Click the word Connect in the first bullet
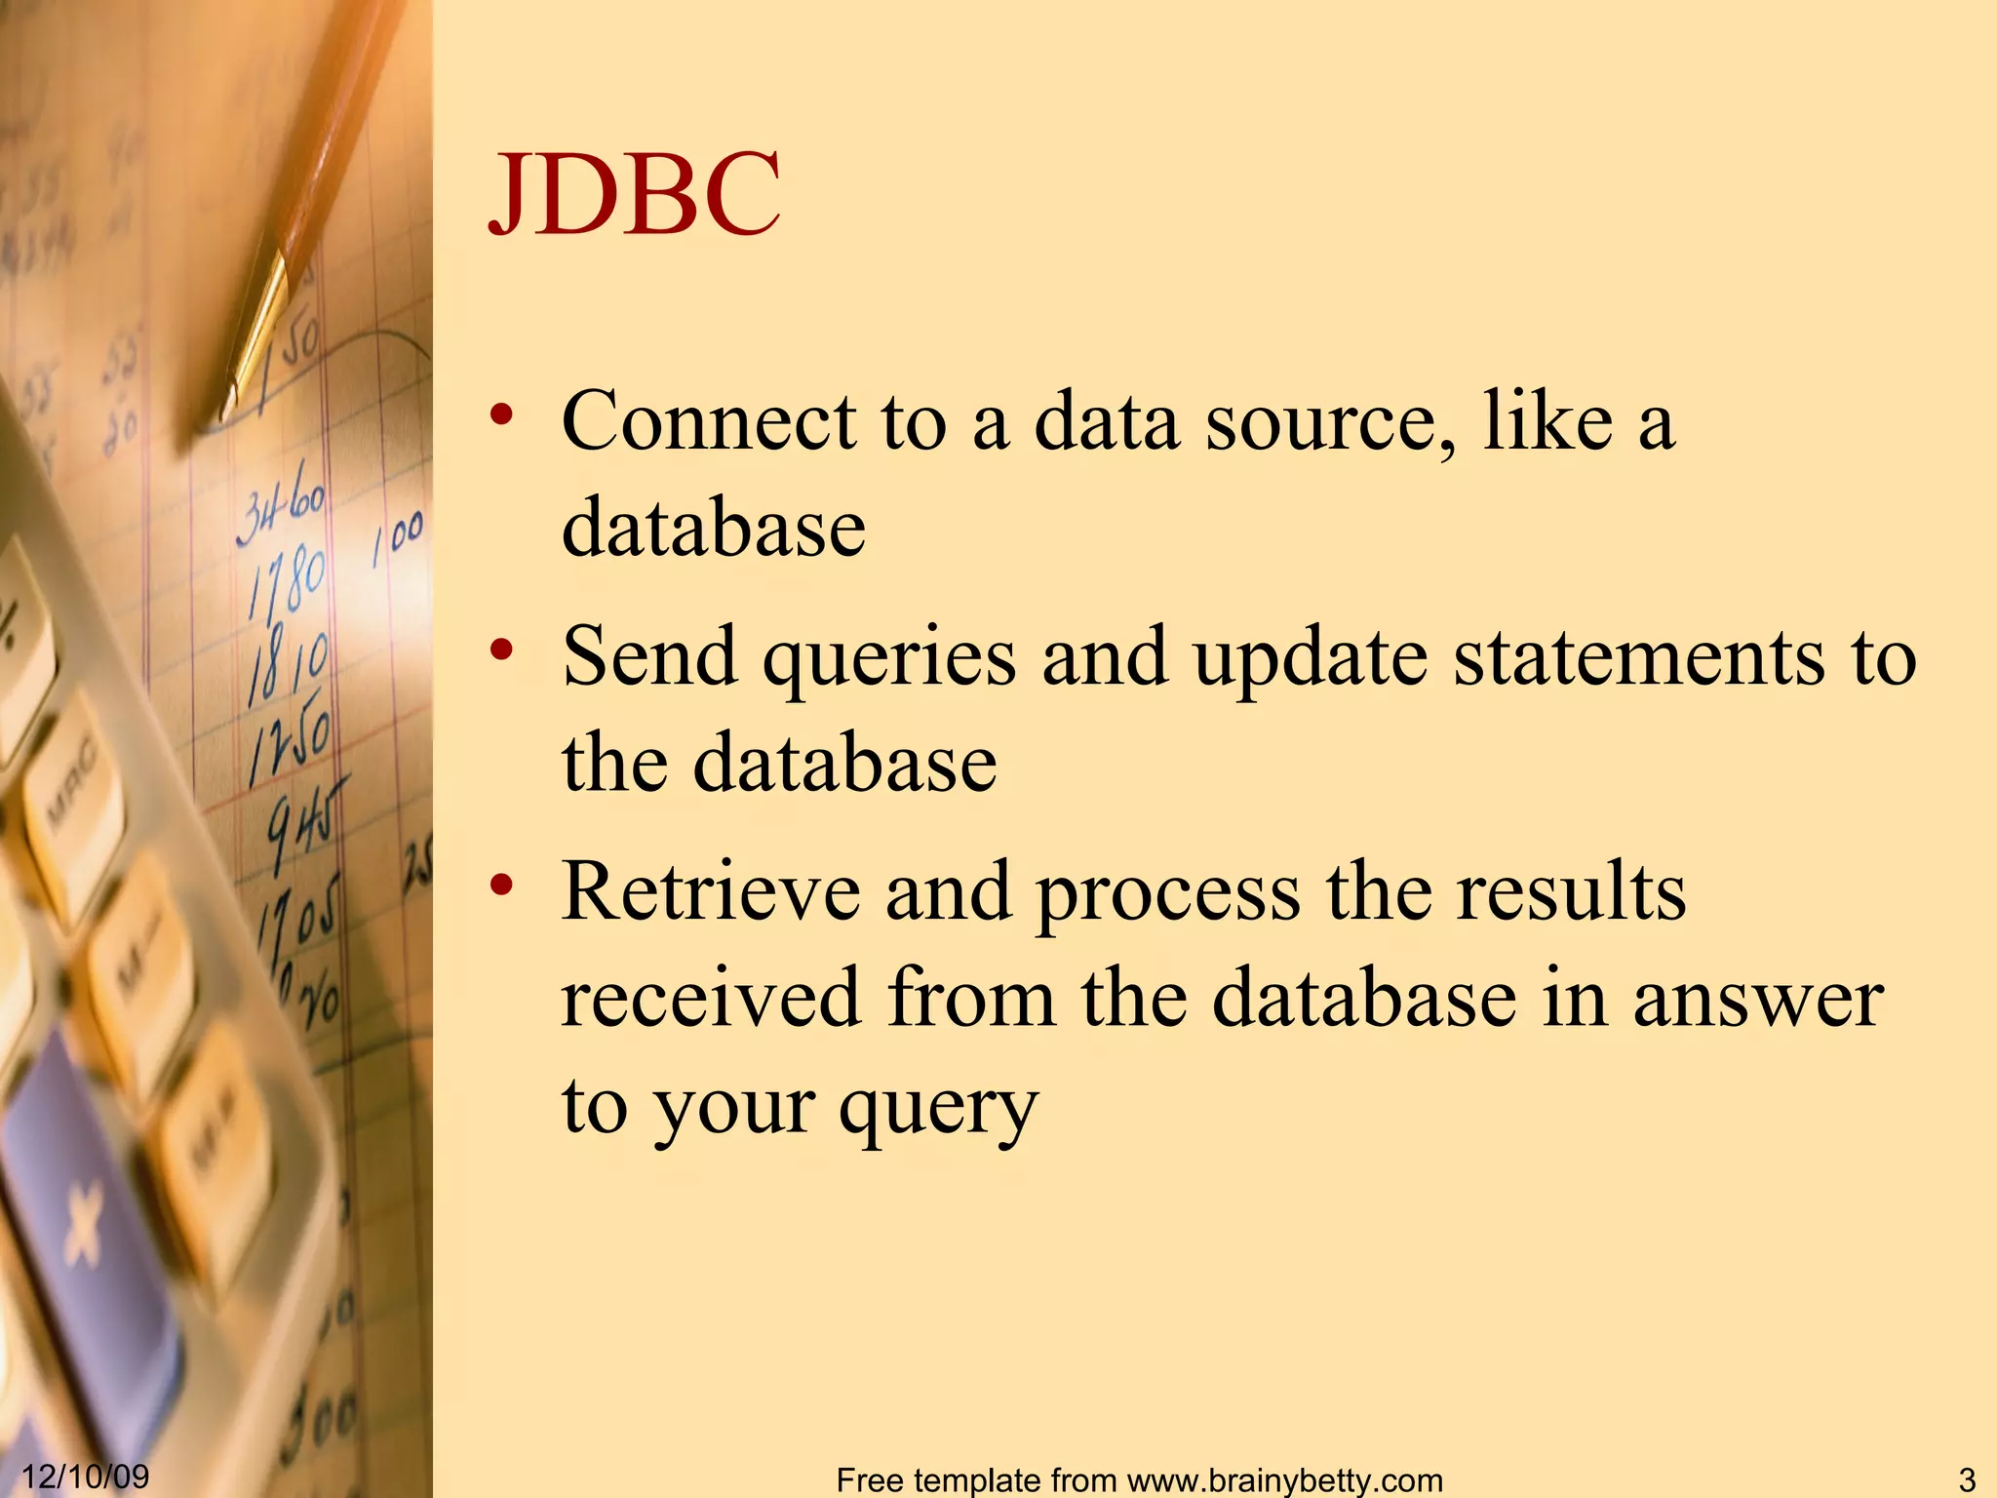[x=709, y=422]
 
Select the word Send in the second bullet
[x=649, y=657]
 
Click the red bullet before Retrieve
[x=502, y=886]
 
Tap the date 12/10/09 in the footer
[x=86, y=1476]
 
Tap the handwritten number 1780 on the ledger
[x=286, y=582]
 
